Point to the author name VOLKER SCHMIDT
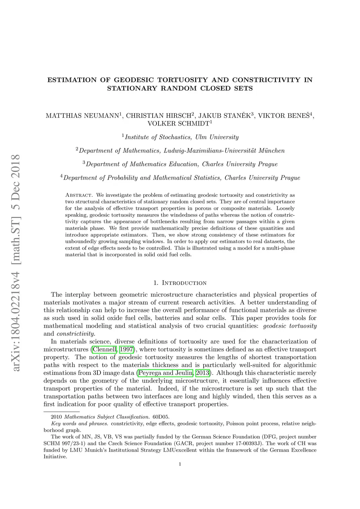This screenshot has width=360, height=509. [x=178, y=123]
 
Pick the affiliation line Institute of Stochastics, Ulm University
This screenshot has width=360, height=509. [x=182, y=137]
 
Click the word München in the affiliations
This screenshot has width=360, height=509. [x=271, y=151]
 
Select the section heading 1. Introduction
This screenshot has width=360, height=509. [x=180, y=283]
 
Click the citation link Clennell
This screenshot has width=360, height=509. [x=105, y=349]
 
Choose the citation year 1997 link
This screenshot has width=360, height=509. [x=126, y=349]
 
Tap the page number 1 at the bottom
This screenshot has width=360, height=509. [x=180, y=464]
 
